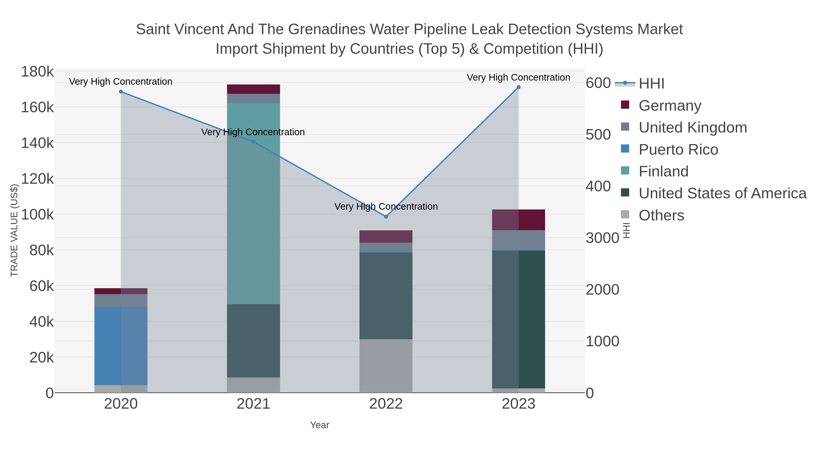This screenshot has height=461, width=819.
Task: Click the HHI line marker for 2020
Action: point(121,92)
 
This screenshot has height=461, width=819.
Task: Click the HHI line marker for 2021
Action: point(253,142)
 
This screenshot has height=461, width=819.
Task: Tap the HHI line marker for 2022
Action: point(386,217)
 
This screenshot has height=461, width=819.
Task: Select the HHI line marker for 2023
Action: point(518,87)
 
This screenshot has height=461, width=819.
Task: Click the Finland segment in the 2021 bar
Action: point(253,204)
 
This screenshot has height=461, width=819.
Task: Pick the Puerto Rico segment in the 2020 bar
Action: point(121,346)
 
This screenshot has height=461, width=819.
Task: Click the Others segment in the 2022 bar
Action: point(386,366)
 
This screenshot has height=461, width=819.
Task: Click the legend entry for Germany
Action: point(670,106)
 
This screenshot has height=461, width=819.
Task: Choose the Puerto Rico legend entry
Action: point(678,150)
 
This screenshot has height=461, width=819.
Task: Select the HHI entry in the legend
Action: point(651,84)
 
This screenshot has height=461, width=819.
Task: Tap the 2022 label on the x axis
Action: point(386,404)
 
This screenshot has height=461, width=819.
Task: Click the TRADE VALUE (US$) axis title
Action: point(14,230)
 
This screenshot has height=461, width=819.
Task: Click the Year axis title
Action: point(320,425)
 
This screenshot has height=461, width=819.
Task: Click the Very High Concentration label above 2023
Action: point(518,78)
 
